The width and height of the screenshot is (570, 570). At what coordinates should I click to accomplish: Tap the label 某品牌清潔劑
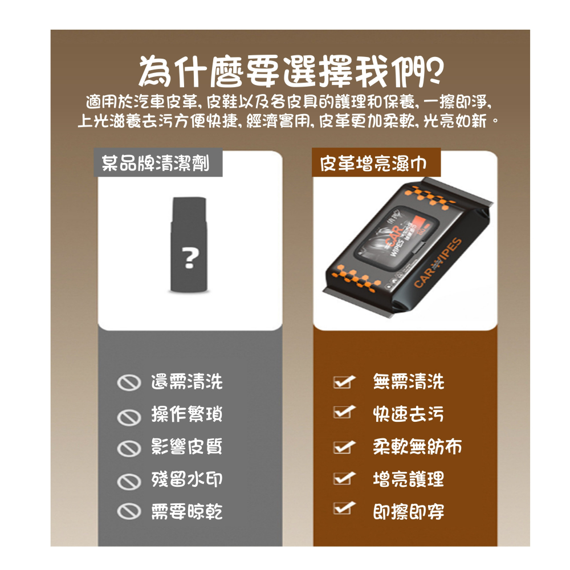click(155, 164)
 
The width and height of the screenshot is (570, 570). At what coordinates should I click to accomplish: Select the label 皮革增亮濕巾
click(373, 164)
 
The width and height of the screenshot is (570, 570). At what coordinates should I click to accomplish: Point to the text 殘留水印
click(186, 479)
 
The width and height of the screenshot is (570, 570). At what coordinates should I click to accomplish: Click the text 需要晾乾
click(186, 512)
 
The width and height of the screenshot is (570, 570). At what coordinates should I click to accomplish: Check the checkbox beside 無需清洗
click(344, 381)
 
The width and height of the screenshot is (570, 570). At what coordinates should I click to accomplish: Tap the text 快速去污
click(408, 414)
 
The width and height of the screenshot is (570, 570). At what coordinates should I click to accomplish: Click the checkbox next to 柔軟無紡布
click(344, 446)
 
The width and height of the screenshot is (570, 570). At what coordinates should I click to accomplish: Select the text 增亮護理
click(408, 479)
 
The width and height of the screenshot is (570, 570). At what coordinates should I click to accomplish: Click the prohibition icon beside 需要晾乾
click(128, 512)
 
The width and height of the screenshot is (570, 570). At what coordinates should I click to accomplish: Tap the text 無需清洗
click(408, 382)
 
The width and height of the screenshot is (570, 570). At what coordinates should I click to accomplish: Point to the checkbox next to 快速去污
click(344, 412)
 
